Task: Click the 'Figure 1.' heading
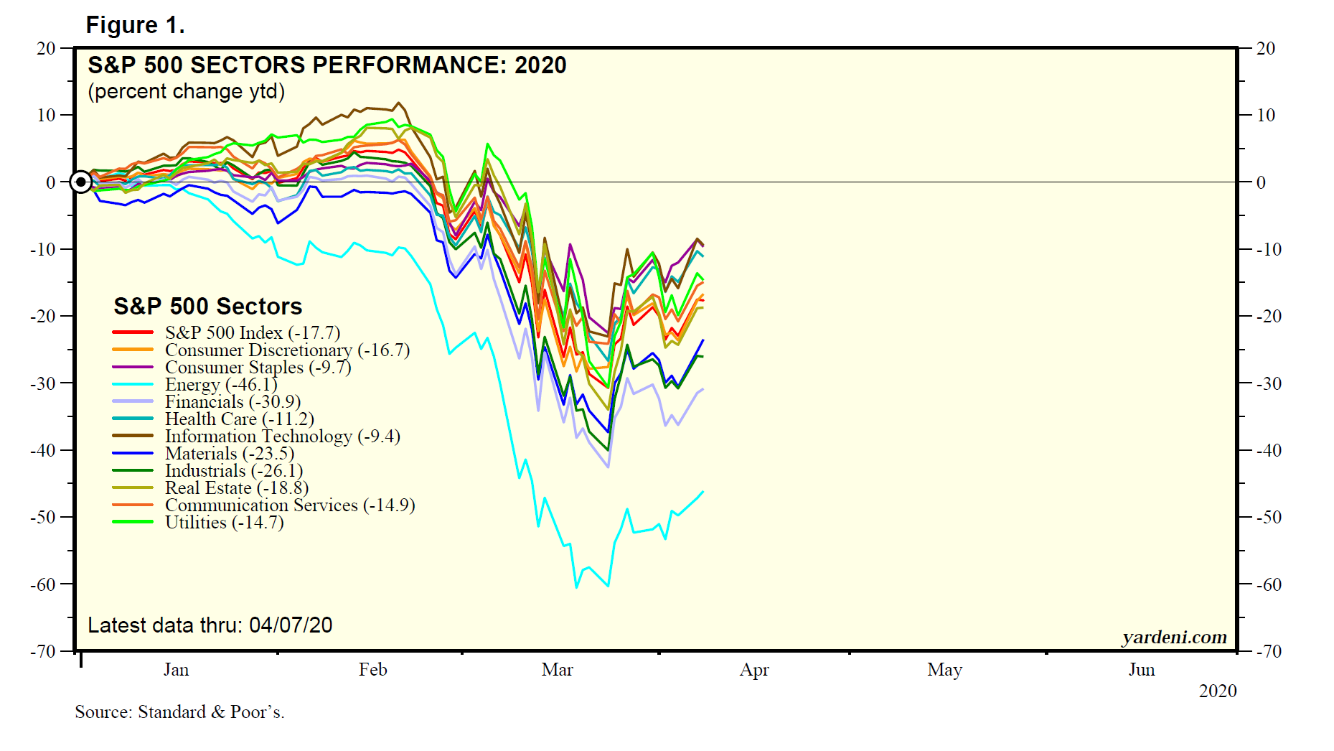coord(135,26)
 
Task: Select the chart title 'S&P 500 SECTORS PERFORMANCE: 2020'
coord(327,65)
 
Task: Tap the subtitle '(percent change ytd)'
coord(186,92)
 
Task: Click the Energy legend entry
coord(221,385)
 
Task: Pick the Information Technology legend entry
coord(282,437)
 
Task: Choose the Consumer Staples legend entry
coord(258,368)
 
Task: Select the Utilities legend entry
coord(224,523)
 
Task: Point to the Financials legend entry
coord(232,402)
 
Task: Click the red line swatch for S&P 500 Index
coord(133,332)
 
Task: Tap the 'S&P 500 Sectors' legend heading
coord(207,307)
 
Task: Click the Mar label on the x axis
coord(557,670)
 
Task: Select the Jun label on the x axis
coord(1141,670)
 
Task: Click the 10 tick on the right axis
coord(1266,115)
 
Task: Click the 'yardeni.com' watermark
coord(1174,637)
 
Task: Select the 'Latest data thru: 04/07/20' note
coord(210,625)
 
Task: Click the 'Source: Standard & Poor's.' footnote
coord(179,712)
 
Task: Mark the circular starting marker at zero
coord(81,182)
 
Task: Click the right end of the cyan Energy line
coord(703,492)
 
